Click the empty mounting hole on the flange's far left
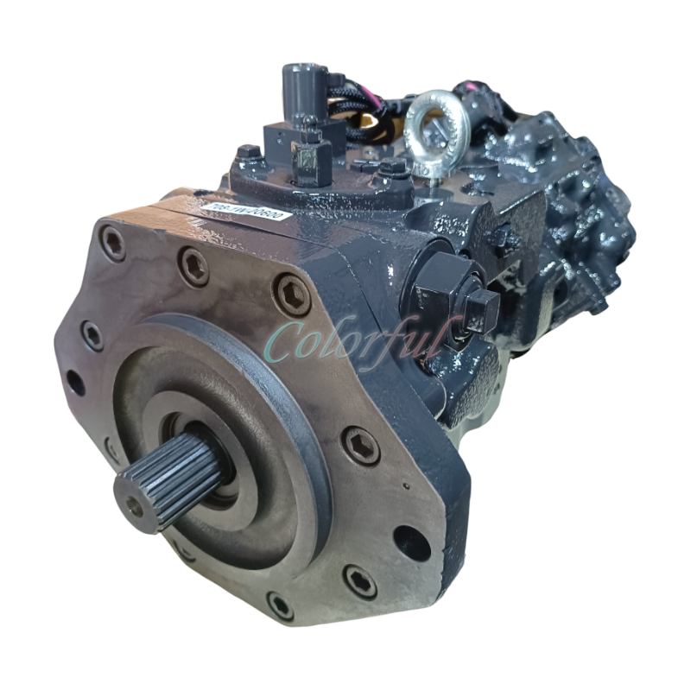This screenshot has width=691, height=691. (75, 380)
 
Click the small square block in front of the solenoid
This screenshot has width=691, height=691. (307, 159)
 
